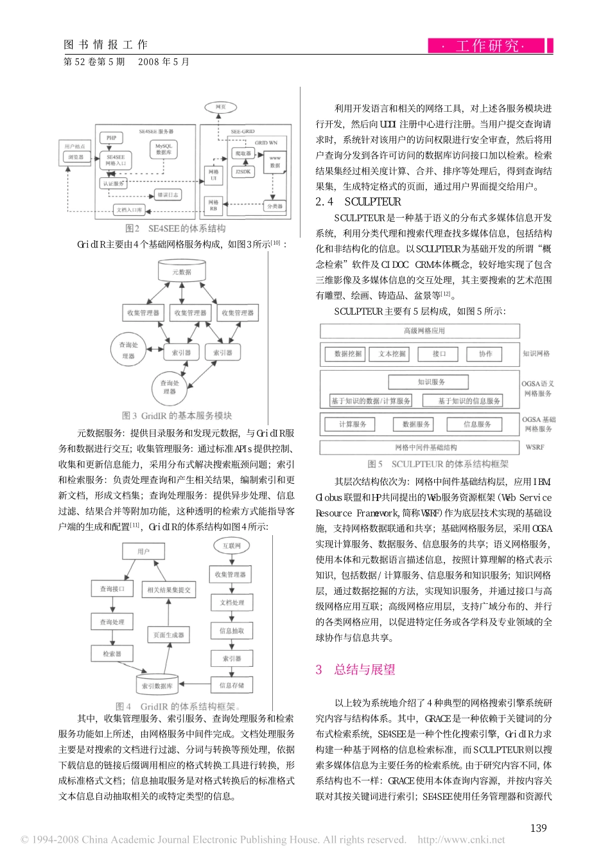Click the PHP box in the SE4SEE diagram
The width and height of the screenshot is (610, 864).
tap(111, 137)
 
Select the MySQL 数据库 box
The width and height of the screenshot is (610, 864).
tap(164, 149)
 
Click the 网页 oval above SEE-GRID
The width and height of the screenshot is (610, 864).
tap(220, 107)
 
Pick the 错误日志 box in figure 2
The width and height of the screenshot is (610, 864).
tap(168, 195)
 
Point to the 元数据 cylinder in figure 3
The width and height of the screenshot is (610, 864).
tap(182, 271)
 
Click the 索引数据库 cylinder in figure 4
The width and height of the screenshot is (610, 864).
tap(157, 686)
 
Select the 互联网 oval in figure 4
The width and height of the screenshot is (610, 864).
tap(231, 546)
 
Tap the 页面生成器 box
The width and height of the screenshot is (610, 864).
tap(169, 635)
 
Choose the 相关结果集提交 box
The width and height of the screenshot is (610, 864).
tap(169, 590)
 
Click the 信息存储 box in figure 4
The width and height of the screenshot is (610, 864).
tap(231, 685)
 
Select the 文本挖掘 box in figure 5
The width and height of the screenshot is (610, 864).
tap(392, 353)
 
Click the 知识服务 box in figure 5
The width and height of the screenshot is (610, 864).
tap(431, 382)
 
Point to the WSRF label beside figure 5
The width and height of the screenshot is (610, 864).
tap(534, 447)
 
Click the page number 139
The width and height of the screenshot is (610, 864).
tap(538, 828)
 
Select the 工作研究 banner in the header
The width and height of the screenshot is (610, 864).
tap(486, 46)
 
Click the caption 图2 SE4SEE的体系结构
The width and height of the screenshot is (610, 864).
tap(175, 228)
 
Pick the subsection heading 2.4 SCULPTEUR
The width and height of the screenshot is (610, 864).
tap(358, 202)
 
